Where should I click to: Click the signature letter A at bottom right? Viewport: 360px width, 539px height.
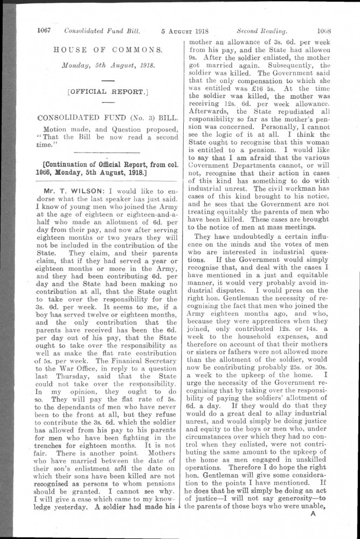click(x=313, y=513)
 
